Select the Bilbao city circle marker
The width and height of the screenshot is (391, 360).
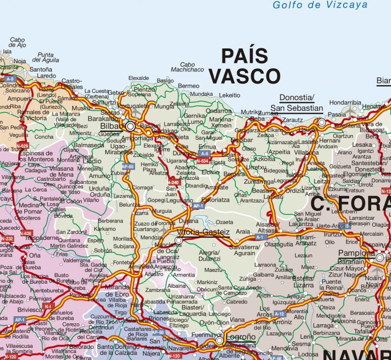[130, 126]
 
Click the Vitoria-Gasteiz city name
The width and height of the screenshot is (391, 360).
[206, 232]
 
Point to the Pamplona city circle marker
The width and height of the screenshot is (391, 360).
[379, 258]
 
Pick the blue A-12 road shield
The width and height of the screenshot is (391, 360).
[280, 314]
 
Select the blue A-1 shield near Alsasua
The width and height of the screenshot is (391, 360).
[260, 237]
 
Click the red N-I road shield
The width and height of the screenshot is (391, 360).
[48, 306]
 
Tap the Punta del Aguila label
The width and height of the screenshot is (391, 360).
[52, 58]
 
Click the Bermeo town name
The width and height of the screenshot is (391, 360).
[189, 86]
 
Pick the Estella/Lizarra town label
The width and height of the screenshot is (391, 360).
[302, 281]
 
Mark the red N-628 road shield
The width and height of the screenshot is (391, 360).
[26, 234]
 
